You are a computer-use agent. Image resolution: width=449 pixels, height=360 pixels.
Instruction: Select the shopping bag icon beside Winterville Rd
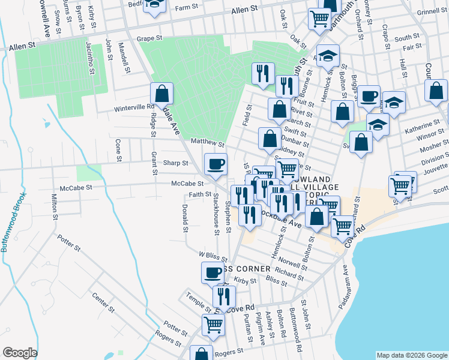coord(161,94)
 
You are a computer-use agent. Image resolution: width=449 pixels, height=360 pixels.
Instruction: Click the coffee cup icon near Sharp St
coord(216,164)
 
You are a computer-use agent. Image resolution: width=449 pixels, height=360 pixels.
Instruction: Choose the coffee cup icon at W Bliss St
coord(212,273)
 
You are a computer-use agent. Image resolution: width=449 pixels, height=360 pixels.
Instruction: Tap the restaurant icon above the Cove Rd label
coord(224,296)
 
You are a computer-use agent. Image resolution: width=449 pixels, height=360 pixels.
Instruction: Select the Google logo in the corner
coord(20,353)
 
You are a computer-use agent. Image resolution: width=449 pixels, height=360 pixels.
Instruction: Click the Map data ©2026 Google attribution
coord(411,355)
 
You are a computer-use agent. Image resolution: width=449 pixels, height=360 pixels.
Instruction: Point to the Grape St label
coord(149,38)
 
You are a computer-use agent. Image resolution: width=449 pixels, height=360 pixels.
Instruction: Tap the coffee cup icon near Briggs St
coord(369,95)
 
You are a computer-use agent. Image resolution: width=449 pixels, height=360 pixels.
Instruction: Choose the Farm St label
coord(187,8)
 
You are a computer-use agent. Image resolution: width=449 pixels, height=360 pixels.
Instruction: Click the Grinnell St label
coord(428,11)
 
